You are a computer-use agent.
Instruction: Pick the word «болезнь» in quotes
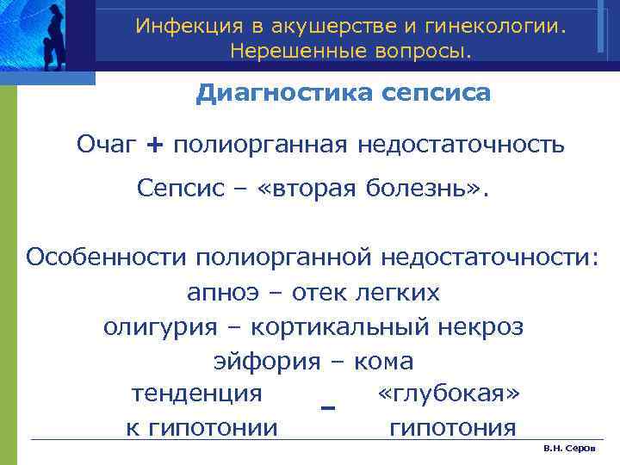click(428, 189)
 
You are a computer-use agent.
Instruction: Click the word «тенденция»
click(196, 394)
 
